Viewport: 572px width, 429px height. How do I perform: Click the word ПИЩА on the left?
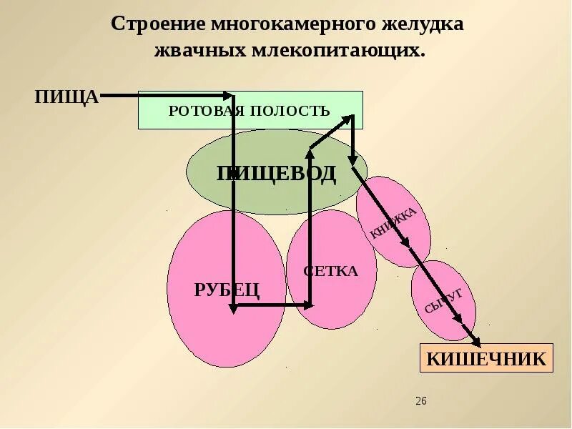(66, 97)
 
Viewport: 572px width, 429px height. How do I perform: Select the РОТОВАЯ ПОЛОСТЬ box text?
(249, 111)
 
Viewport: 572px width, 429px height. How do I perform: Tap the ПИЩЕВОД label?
(276, 174)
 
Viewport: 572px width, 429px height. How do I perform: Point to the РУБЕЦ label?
(227, 290)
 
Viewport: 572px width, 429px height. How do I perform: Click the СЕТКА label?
(330, 272)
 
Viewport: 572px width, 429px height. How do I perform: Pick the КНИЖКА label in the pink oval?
(393, 222)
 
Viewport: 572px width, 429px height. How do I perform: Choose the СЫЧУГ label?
(443, 301)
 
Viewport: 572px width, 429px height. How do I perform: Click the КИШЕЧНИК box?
(486, 358)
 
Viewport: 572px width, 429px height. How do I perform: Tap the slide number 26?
(420, 401)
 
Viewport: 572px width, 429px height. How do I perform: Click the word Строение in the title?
(158, 24)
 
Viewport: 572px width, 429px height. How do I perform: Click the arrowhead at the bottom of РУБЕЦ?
(234, 308)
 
